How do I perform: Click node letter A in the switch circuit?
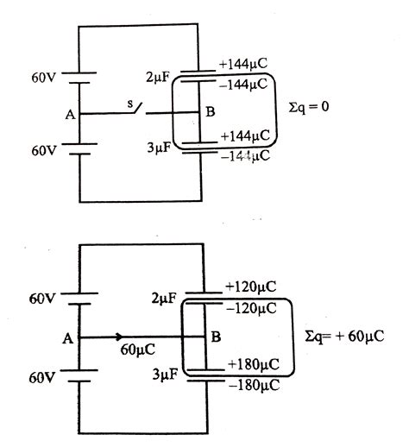click(70, 114)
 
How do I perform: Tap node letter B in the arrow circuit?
click(215, 337)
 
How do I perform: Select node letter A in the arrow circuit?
click(68, 339)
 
